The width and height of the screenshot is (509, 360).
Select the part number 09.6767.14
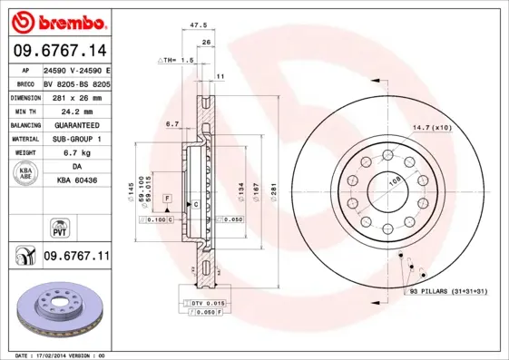tap(56, 52)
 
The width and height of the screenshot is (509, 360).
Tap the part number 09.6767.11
tap(76, 257)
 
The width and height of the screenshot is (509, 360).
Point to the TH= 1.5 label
tap(176, 60)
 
